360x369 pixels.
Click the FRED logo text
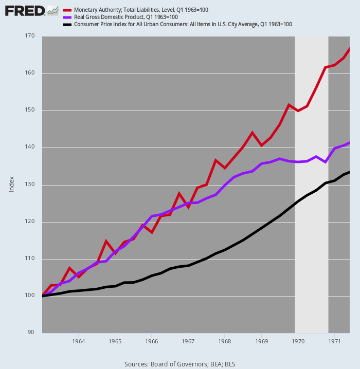(25, 11)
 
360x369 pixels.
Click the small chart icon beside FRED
(53, 11)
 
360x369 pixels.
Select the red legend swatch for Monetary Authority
(67, 10)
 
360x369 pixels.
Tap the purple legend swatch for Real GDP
(67, 17)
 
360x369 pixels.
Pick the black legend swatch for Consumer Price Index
(67, 25)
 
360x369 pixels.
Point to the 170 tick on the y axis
(30, 36)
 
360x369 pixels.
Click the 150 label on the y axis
(30, 110)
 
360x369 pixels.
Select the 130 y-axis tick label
(30, 184)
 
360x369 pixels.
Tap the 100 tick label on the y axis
(30, 296)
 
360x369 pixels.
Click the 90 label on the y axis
(31, 333)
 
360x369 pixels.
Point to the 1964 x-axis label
(78, 341)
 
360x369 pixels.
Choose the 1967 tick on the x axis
(188, 341)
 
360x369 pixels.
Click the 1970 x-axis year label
(298, 341)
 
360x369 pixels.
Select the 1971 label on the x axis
(334, 341)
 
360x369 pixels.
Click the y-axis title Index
(11, 184)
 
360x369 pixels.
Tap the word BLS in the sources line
(230, 364)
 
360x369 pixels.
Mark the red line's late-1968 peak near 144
(252, 133)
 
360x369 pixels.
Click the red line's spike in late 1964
(106, 242)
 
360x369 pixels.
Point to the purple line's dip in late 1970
(325, 162)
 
